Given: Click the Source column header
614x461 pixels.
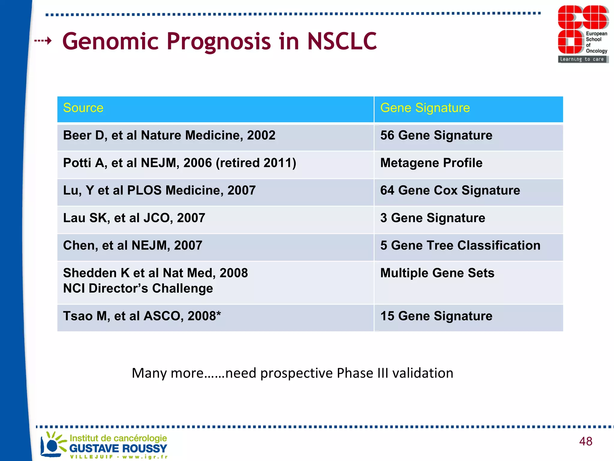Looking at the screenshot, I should pos(83,108).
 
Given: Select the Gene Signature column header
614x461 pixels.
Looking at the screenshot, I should pos(425,108).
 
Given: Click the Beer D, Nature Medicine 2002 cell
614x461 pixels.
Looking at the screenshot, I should pos(169,136).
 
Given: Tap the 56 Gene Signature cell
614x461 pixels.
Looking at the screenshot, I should pos(436,136).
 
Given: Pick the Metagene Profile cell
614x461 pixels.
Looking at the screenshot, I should pos(431,163).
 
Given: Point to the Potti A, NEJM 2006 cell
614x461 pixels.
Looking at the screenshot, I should pos(179,163).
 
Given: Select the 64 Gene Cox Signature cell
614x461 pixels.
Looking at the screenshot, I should pos(450,191).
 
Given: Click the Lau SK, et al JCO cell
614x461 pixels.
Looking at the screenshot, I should pos(134,218).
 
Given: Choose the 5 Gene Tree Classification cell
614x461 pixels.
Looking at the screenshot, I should pos(460,246).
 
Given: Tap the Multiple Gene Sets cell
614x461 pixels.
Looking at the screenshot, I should pos(437,273).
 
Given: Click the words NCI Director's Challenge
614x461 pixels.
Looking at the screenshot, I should pos(138,289).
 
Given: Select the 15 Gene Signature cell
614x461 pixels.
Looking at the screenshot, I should pos(436,316).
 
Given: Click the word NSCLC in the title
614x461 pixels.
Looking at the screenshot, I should pos(342,41).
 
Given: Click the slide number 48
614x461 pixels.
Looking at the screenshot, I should pos(586,441).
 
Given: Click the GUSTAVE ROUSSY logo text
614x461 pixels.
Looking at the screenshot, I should pos(118,448).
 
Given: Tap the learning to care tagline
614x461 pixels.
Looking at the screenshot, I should pos(582,59).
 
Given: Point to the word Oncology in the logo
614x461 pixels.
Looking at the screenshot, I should pos(596,51).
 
